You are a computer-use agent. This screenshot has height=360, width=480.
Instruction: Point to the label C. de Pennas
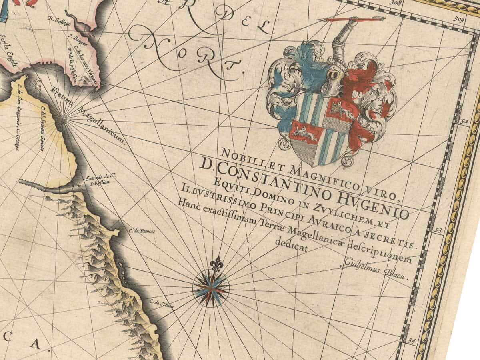(142, 231)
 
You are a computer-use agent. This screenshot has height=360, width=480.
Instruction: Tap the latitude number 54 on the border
(412, 341)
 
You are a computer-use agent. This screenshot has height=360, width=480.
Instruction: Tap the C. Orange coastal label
(18, 139)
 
